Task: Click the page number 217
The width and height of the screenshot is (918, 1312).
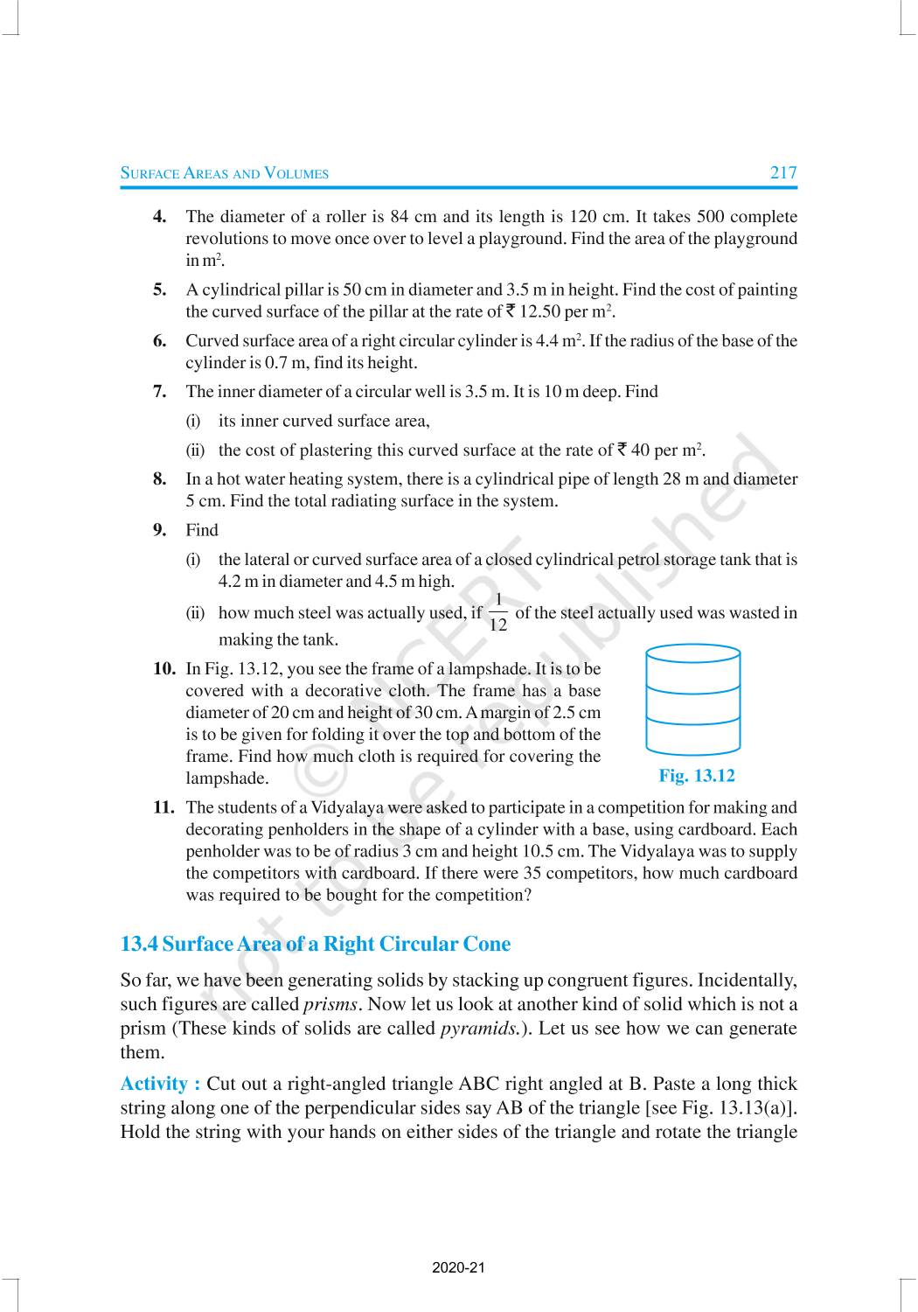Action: (783, 172)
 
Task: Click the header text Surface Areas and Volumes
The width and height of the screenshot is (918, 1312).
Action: (224, 173)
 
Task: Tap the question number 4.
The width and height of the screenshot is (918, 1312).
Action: (160, 216)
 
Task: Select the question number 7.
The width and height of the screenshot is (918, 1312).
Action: (160, 391)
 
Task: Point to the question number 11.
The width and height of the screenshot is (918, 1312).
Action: (163, 807)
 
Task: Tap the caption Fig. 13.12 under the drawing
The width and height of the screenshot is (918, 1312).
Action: (696, 775)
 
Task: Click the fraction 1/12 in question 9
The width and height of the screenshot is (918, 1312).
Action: (497, 612)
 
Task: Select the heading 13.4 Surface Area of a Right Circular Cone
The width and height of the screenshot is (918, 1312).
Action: (315, 944)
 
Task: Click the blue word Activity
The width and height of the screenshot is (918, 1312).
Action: (160, 1084)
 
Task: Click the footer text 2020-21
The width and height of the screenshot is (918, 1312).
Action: (458, 1267)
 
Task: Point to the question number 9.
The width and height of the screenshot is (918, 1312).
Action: (160, 529)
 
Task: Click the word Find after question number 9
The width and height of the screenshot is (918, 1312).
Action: (202, 529)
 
